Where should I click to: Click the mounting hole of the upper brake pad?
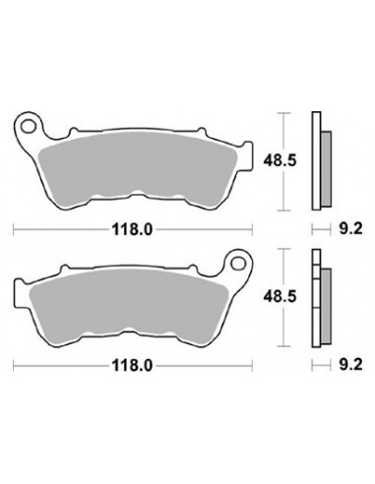tap(28, 126)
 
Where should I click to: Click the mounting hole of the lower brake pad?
tap(238, 263)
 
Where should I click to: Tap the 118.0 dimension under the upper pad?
tap(133, 229)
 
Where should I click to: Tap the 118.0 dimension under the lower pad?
tap(133, 365)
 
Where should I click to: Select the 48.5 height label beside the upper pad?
tap(280, 161)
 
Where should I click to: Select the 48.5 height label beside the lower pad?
tap(280, 297)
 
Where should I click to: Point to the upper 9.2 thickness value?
tap(351, 228)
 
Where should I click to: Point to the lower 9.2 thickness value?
tap(351, 365)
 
